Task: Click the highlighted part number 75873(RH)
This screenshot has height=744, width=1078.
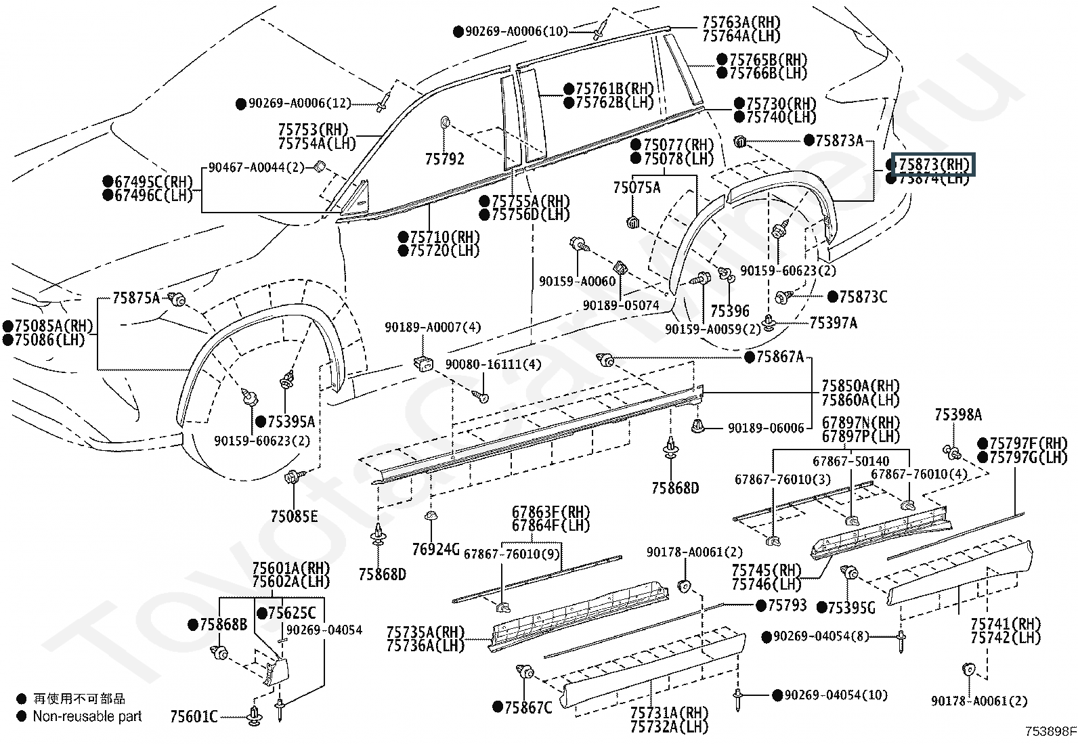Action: (932, 165)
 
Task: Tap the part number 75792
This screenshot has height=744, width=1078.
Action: (444, 159)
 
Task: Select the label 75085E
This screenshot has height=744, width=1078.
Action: (294, 517)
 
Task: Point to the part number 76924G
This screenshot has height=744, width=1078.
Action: (436, 549)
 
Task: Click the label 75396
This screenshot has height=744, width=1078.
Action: (730, 311)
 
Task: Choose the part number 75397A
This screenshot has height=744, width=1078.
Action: (833, 324)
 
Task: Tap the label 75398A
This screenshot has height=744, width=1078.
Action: (958, 415)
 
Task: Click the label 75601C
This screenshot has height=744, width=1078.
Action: (194, 716)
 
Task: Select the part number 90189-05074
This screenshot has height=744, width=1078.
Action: (621, 305)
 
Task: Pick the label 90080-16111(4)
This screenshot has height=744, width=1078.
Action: (493, 364)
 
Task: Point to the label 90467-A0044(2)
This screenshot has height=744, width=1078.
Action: (257, 167)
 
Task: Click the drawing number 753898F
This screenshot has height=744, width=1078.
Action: (1050, 731)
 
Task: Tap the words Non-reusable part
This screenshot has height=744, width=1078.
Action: (87, 716)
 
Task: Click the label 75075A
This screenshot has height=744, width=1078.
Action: (637, 188)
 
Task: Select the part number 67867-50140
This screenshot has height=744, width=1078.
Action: (850, 461)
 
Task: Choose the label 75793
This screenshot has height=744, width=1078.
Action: (787, 605)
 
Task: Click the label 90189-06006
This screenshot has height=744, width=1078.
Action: (766, 428)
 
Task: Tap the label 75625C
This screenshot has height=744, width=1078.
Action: (292, 613)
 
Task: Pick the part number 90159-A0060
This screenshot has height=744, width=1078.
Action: (577, 281)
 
